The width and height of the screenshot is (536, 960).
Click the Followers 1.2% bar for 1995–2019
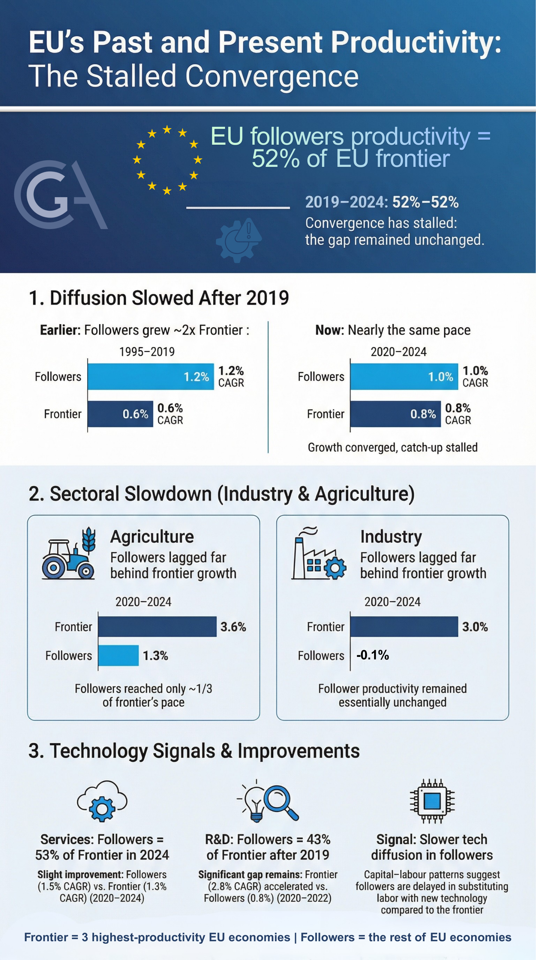(151, 376)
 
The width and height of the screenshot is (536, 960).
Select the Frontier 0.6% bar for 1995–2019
(120, 414)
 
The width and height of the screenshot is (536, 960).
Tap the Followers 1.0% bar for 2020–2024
(404, 376)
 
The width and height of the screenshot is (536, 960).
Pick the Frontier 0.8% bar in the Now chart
(395, 414)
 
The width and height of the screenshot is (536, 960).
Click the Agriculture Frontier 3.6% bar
(157, 627)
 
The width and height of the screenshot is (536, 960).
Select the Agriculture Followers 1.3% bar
(118, 655)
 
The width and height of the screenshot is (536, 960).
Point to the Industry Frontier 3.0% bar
(404, 627)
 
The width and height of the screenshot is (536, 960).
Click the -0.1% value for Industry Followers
(372, 655)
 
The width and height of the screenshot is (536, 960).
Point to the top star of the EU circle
(167, 129)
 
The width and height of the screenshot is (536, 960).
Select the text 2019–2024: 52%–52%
(382, 202)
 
